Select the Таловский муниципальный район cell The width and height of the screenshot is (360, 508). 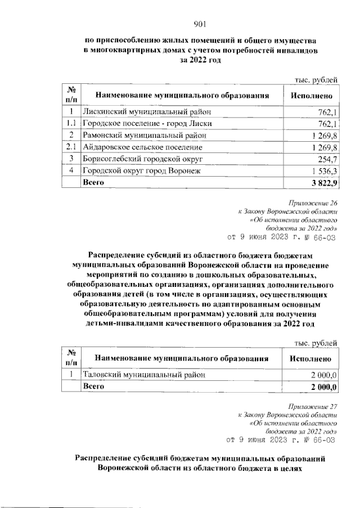coord(140,374)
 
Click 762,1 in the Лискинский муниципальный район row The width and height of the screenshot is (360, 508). coord(327,111)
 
